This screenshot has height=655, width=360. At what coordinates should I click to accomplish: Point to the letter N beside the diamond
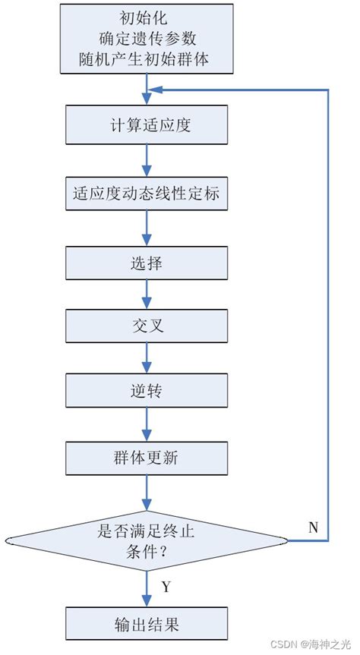click(x=313, y=527)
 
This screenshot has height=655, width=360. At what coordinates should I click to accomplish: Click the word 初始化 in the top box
click(x=147, y=17)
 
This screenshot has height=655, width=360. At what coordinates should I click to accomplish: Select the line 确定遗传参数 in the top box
click(x=147, y=38)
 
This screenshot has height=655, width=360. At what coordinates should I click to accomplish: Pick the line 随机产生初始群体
click(x=147, y=58)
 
